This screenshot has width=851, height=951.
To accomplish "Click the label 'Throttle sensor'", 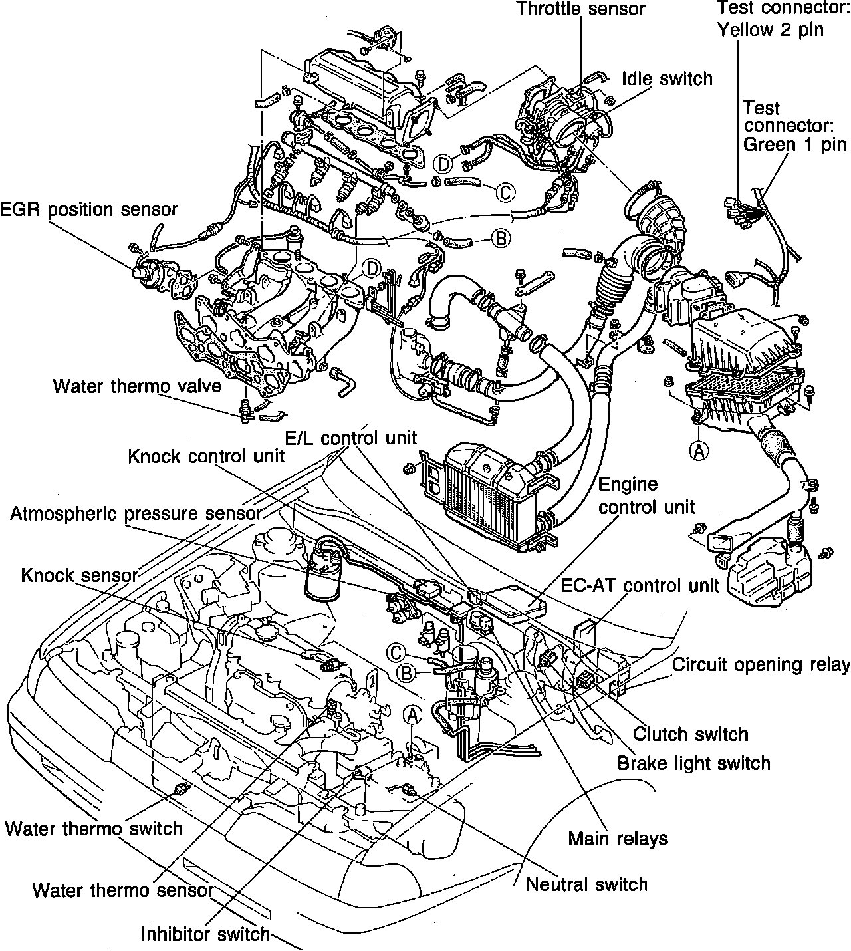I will pyautogui.click(x=580, y=9).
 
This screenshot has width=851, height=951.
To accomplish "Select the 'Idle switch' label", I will pyautogui.click(x=667, y=78).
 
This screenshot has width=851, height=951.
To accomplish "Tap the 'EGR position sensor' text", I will pyautogui.click(x=89, y=209).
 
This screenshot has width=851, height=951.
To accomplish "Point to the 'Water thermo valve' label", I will pyautogui.click(x=137, y=386).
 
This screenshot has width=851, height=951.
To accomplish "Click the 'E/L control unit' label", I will pyautogui.click(x=350, y=437).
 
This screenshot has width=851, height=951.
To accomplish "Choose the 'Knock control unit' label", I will pyautogui.click(x=206, y=456).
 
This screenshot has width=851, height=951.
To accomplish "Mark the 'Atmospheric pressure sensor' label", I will pyautogui.click(x=136, y=514).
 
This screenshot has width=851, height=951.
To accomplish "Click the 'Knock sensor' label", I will pyautogui.click(x=79, y=575).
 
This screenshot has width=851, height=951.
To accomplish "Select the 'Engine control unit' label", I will pyautogui.click(x=646, y=495).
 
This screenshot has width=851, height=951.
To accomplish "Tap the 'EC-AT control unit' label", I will pyautogui.click(x=640, y=585).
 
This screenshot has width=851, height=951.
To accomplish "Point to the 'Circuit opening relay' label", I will pyautogui.click(x=761, y=664).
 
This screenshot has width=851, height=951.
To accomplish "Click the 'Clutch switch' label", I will pyautogui.click(x=690, y=734).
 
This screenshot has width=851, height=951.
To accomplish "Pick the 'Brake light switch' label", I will pyautogui.click(x=693, y=763).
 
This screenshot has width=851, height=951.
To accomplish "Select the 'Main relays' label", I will pyautogui.click(x=618, y=839).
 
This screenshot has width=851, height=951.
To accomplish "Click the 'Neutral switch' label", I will pyautogui.click(x=586, y=884).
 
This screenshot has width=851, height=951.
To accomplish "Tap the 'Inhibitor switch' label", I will pyautogui.click(x=206, y=934).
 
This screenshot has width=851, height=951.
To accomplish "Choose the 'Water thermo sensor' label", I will pyautogui.click(x=123, y=890).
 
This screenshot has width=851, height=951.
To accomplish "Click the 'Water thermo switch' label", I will pyautogui.click(x=94, y=829).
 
